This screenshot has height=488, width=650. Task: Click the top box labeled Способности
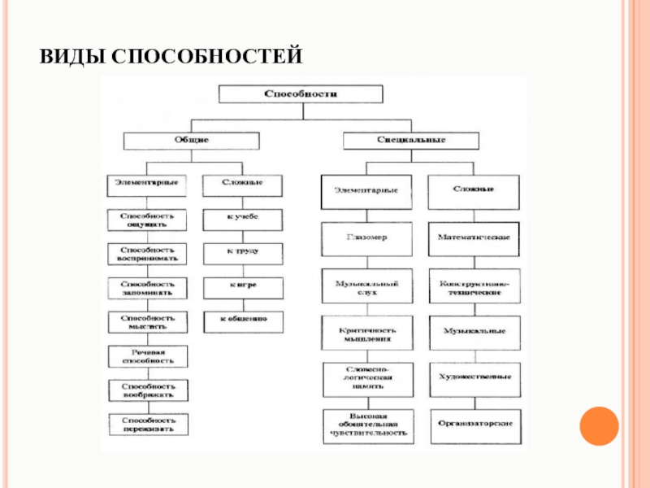click(x=300, y=94)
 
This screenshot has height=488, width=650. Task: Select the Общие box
click(x=191, y=140)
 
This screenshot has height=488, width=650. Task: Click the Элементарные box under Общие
click(x=147, y=182)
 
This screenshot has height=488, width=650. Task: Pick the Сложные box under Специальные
click(x=474, y=190)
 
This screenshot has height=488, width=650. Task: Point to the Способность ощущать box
click(x=147, y=220)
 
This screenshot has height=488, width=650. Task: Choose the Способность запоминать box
click(x=147, y=288)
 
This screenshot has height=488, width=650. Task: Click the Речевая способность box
click(x=147, y=355)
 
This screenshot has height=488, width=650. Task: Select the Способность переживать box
click(x=147, y=424)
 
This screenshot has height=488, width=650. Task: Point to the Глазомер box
click(x=366, y=238)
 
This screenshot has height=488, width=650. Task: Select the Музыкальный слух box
click(x=366, y=286)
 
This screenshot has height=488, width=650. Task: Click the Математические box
click(x=474, y=237)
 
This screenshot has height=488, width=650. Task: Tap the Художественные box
click(x=474, y=377)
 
